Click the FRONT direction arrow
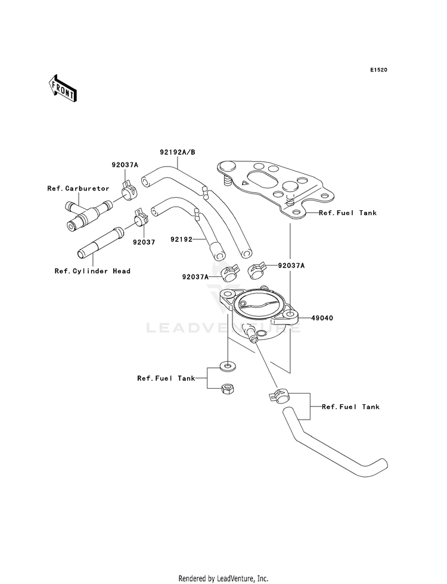[62, 88]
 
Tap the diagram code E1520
[378, 70]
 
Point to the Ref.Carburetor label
[78, 189]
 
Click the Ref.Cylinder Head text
[92, 271]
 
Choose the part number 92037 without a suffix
[144, 242]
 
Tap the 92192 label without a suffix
[182, 239]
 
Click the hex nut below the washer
[226, 389]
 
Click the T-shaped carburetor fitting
[88, 216]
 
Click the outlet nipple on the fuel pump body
[250, 334]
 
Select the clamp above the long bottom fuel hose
[280, 395]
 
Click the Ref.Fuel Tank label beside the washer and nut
[166, 379]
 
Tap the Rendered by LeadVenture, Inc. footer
[223, 579]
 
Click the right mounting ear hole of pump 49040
[290, 316]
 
